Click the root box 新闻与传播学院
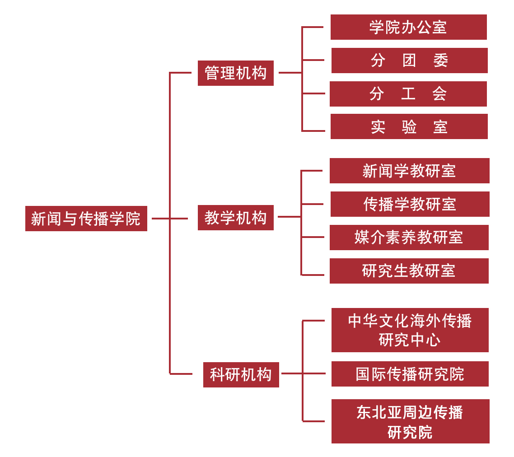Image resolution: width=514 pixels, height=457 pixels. coord(86,219)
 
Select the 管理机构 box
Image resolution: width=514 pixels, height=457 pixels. coord(235,73)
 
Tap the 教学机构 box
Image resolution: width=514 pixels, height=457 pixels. coord(235,218)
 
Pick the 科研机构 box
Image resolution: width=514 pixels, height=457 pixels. coord(241,374)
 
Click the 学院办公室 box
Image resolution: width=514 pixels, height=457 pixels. coord(408,27)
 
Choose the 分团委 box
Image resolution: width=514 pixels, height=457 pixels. coord(409,61)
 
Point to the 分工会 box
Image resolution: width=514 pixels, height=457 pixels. coord(408,94)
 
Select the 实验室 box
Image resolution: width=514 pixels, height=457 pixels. coord(409,126)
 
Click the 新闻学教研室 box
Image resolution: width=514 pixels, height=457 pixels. coord(409,171)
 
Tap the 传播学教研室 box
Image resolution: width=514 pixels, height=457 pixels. coord(410,204)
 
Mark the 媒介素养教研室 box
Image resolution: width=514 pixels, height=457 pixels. coord(409,238)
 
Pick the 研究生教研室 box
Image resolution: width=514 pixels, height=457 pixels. coord(409,271)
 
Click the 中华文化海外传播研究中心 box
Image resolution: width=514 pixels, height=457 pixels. coord(410,330)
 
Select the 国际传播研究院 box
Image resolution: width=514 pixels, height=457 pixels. coord(410,374)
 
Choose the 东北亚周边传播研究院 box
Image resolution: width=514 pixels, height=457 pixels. coord(410,421)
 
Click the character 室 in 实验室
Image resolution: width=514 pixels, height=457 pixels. coord(440,127)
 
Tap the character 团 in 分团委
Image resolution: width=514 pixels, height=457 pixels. coord(409,61)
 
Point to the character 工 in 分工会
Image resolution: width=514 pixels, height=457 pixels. coord(408,94)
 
